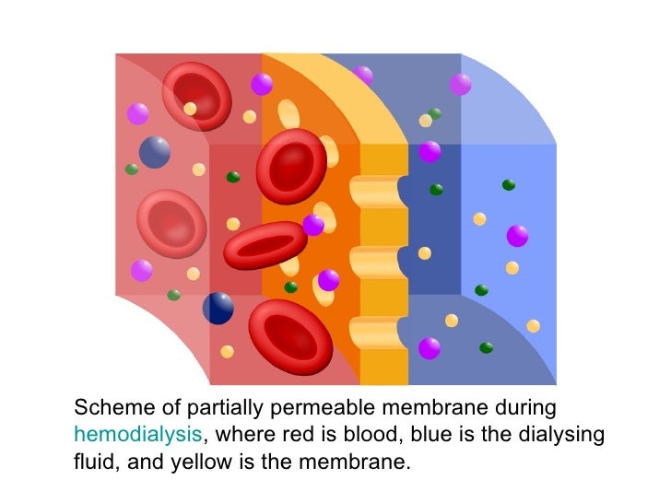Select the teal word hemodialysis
coord(136,434)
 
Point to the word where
coord(243,434)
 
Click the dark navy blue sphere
coord(218,308)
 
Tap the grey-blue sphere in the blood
coord(155,152)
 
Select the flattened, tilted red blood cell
coord(265,245)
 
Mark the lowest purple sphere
coord(430,348)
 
